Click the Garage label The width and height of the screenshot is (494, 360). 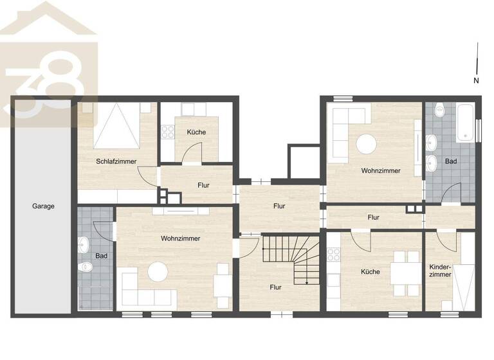tap(43, 206)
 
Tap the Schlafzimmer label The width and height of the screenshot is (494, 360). tap(116, 161)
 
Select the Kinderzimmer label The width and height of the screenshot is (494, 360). tap(441, 270)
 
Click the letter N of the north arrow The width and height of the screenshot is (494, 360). tap(476, 81)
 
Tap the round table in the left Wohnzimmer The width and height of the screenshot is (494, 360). tap(158, 272)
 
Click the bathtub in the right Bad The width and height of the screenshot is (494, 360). tap(465, 124)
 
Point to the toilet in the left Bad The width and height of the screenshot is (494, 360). tap(84, 267)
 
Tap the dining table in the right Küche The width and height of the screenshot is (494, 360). tap(402, 272)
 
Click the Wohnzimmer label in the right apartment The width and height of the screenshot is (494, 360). tap(381, 171)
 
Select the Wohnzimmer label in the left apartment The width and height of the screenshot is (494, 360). tap(180, 239)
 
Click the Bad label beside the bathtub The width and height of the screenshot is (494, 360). tap(451, 161)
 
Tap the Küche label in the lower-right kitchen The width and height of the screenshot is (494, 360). tap(370, 272)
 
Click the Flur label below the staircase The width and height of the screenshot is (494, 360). tap(275, 287)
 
